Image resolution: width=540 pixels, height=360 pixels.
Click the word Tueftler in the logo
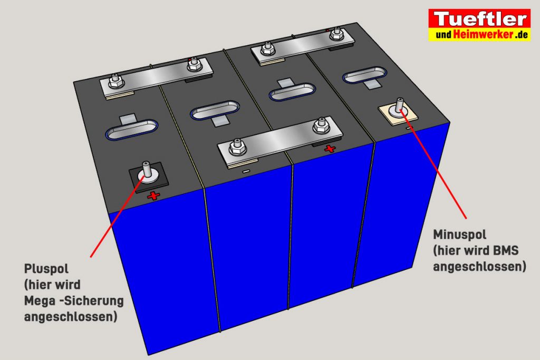480,19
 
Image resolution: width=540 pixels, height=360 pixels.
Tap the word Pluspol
46,269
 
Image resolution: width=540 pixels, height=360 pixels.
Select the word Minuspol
459,235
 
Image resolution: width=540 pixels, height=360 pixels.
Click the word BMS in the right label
506,250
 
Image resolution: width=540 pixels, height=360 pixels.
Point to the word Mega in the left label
40,301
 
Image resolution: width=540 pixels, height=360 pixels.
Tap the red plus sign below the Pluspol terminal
153,196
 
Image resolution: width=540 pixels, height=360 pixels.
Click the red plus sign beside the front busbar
330,149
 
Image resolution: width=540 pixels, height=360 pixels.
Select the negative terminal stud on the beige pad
399,106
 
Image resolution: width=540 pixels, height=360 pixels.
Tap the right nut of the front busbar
321,125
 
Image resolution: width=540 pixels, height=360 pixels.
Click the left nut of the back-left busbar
115,82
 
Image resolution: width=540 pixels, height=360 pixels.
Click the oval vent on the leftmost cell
131,129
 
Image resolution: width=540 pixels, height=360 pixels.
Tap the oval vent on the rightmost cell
365,74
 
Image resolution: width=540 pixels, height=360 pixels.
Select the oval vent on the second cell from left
215,111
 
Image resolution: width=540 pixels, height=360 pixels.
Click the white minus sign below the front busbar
246,171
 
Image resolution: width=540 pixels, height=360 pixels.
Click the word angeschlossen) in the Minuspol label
479,267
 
